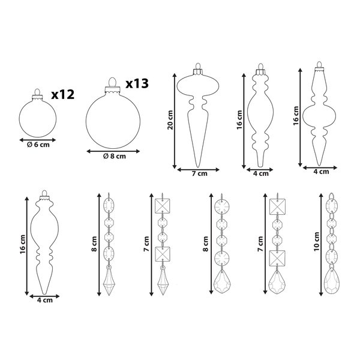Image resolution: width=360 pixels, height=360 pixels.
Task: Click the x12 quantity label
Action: pos(62,94)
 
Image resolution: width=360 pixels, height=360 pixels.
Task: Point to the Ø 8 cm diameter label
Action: pos(114,157)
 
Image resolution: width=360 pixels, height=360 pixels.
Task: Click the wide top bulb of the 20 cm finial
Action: pos(197,83)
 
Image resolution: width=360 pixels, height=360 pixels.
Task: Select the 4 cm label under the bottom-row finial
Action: pos(43,300)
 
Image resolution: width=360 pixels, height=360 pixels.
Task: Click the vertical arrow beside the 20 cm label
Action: pos(175,120)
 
